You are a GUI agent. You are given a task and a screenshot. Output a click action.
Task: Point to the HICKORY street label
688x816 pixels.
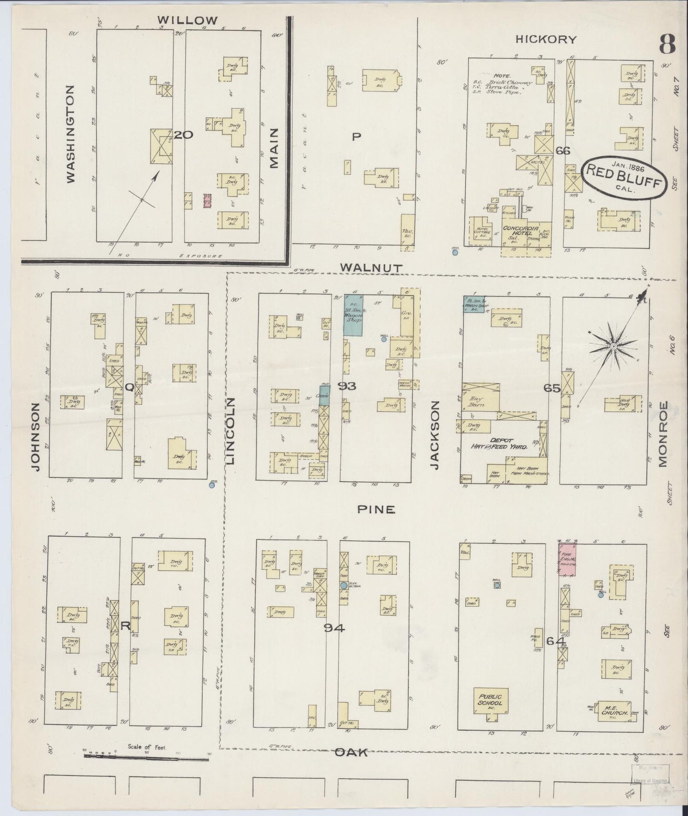coord(546,40)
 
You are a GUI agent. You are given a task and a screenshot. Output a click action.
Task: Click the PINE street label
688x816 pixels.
coord(376,509)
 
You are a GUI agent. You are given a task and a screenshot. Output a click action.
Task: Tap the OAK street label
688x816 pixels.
coord(350,752)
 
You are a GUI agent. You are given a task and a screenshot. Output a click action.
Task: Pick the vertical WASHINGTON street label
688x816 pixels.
coord(70,134)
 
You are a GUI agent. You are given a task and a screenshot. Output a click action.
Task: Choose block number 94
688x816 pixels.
coord(334,628)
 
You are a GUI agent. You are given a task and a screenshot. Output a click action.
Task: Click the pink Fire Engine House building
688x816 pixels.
coord(567,559)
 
